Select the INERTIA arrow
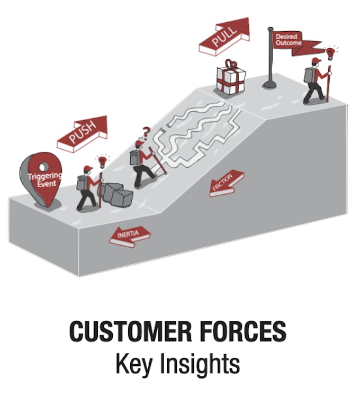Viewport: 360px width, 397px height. pos(130,237)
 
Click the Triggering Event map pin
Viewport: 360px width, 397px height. pos(41,179)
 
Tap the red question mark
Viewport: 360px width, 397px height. pos(146,132)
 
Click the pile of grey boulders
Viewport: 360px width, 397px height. pos(115,194)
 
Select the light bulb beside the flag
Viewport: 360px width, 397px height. pos(330,53)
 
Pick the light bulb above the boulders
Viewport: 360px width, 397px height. pos(102,162)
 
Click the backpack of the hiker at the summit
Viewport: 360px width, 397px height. pos(309,75)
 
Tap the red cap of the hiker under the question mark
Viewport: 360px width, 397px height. pos(139,143)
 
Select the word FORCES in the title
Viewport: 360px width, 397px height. pos(244,331)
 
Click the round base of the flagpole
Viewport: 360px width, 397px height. pos(270,84)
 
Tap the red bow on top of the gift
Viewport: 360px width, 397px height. pos(230,64)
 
